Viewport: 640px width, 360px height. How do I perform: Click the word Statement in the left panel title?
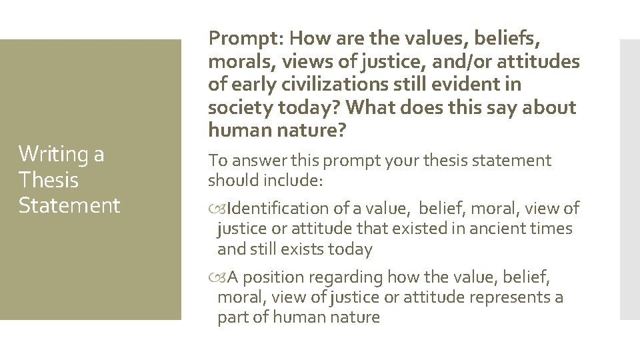click(69, 205)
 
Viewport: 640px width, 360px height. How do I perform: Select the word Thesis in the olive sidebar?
click(49, 180)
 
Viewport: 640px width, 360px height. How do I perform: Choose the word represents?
click(511, 297)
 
